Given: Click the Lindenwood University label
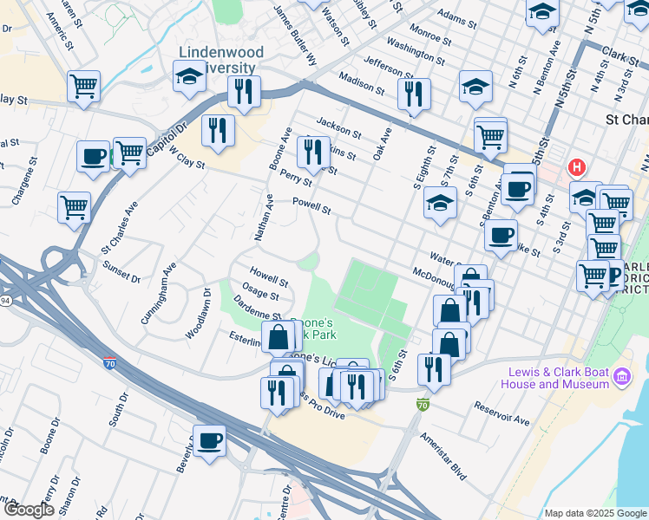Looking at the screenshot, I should click(x=217, y=60).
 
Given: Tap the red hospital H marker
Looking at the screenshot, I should click(x=575, y=166).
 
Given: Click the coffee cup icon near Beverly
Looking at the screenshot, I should click(x=209, y=440).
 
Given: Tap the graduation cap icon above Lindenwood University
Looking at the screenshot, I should click(x=189, y=76).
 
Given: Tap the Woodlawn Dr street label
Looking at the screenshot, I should click(x=199, y=320).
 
